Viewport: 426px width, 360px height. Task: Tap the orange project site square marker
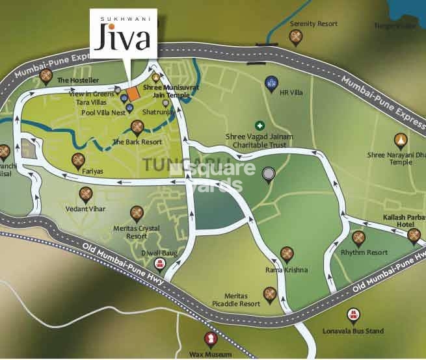133,94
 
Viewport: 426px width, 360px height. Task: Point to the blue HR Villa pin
271,83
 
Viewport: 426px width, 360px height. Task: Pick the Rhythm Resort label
369,252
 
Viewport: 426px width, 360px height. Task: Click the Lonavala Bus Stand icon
354,316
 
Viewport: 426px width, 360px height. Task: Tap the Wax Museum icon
211,338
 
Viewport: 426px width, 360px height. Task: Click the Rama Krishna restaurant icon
286,253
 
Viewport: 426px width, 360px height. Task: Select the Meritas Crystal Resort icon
137,212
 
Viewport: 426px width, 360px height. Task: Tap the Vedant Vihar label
85,209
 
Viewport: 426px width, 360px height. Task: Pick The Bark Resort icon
137,127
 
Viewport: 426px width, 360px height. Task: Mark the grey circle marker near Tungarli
268,174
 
